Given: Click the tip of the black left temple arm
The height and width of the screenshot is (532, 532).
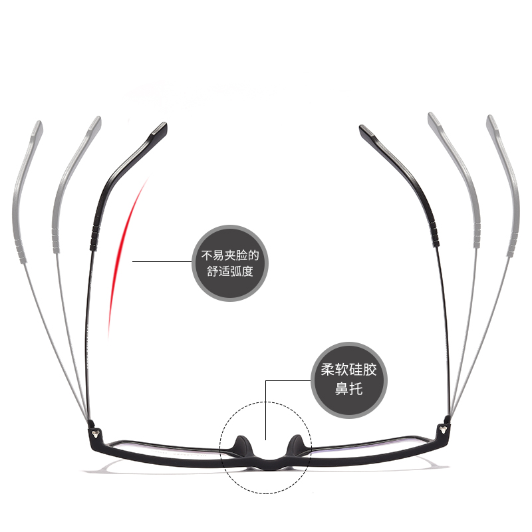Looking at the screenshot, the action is click(x=160, y=128).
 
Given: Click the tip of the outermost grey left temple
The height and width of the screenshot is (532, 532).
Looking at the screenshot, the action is click(x=37, y=125).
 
